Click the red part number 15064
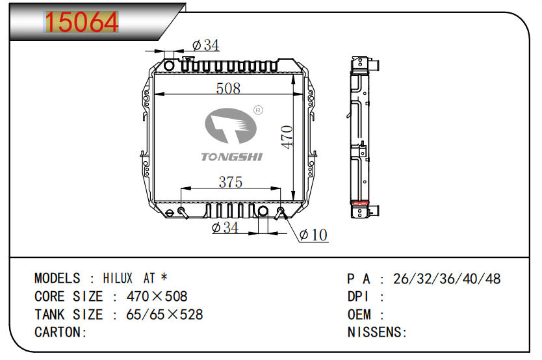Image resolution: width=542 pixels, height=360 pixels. pos(82,21)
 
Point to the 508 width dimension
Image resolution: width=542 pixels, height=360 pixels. pos(228,88)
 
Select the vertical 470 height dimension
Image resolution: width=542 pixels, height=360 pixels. pos(287,137)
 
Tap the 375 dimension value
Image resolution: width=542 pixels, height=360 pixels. pos(231,182)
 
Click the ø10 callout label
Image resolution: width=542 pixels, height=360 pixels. pos(313,235)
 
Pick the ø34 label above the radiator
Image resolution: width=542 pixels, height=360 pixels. pos(205,45)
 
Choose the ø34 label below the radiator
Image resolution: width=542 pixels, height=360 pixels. pos(225,227)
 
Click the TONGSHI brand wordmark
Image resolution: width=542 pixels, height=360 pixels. pos(231,157)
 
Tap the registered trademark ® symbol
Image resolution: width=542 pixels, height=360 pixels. pos(258,110)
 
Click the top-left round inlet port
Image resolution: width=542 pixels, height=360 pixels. pos(169,65)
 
